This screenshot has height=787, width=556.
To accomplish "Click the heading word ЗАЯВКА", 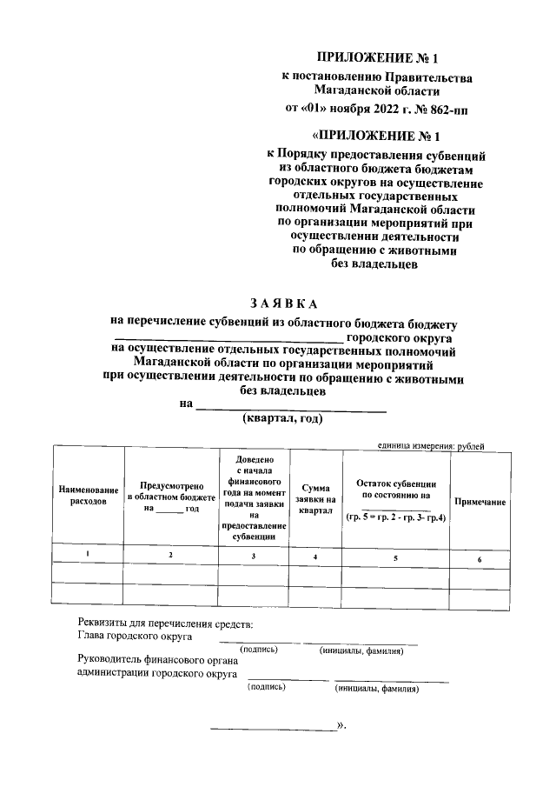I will [x=283, y=303].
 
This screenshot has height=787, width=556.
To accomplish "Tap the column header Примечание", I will [x=480, y=503].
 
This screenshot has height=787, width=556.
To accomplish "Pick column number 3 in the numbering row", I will [x=253, y=555].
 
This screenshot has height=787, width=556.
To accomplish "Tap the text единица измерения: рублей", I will [x=431, y=446].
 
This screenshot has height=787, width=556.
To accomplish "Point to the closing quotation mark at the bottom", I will [x=341, y=724].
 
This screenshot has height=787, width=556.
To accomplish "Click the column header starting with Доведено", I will [x=253, y=497].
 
